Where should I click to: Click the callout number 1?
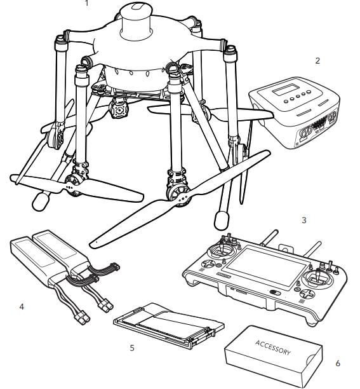[x=86, y=3]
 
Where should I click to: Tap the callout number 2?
[x=317, y=61]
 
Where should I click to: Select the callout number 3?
[x=303, y=221]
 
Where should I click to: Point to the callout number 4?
[x=22, y=307]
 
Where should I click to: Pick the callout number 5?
[x=132, y=348]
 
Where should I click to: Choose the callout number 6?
[x=338, y=364]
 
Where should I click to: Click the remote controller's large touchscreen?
[x=265, y=268]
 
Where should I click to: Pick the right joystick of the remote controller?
[x=317, y=278]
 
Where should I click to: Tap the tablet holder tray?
[x=168, y=325]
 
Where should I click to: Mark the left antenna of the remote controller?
[x=269, y=238]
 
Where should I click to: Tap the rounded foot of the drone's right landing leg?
[x=221, y=220]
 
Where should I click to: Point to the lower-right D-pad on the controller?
[x=307, y=294]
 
